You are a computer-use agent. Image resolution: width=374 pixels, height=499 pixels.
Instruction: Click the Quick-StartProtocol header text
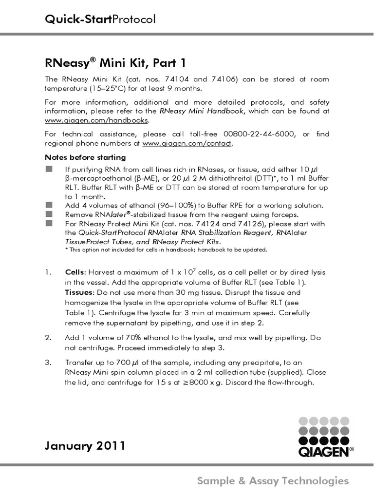pos(100,19)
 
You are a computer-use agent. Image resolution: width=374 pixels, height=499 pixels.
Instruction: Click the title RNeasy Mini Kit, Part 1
pos(115,63)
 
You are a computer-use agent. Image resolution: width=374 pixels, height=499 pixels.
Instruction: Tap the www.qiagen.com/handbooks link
pos(97,120)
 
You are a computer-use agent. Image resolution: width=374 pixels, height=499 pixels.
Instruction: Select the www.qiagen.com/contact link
pos(187,143)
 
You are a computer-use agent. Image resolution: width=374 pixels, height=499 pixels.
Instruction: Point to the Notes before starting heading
pos(85,157)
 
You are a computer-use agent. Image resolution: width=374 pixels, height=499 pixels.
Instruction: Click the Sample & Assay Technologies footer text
pos(273,481)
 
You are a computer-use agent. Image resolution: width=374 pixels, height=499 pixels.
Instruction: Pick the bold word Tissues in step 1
pos(79,292)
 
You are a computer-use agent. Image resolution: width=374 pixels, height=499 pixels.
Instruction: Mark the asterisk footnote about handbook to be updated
pos(166,250)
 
